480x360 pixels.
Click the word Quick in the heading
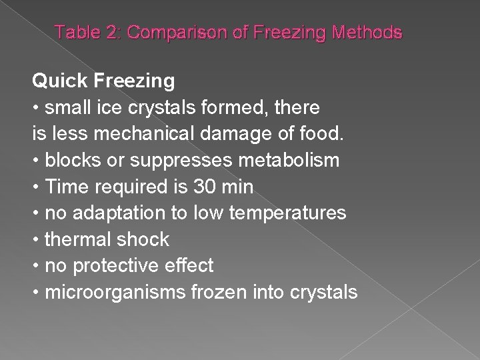coord(59,81)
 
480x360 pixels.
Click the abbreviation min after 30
coord(235,187)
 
